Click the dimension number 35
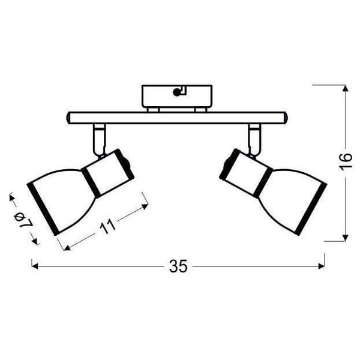click(178, 266)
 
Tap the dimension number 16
click(344, 161)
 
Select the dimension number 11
click(107, 227)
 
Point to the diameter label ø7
click(25, 219)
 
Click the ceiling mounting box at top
click(177, 96)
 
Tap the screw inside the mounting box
click(176, 92)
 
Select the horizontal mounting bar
click(177, 118)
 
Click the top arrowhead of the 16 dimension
click(345, 88)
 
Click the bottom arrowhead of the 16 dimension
click(345, 238)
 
